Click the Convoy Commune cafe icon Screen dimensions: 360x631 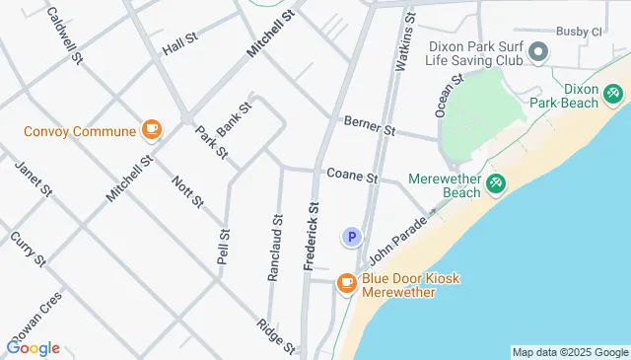pos(151,128)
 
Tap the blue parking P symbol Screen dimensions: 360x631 pos(351,237)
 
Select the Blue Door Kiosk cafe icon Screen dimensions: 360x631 pos(346,283)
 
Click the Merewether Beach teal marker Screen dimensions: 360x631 pos(496,183)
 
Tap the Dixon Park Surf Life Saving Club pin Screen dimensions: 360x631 pos(538,51)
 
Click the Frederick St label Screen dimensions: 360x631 pos(312,237)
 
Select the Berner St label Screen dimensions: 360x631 pos(369,126)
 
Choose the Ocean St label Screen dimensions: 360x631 pos(450,96)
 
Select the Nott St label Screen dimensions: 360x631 pos(187,191)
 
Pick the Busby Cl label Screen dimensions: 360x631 pos(578,32)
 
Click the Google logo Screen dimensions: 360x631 pos(33,348)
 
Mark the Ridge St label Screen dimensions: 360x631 pos(276,336)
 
